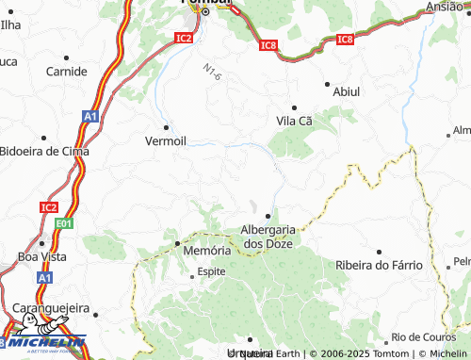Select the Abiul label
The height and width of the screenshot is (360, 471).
click(347, 91)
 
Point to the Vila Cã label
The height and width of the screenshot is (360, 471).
click(294, 122)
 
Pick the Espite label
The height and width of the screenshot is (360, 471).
click(210, 272)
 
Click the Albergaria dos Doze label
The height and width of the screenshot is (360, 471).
click(269, 236)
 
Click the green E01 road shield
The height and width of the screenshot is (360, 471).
click(64, 223)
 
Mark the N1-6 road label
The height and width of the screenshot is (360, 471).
click(211, 72)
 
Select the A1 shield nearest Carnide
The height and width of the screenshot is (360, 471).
click(89, 116)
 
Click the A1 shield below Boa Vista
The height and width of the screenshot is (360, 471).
click(45, 279)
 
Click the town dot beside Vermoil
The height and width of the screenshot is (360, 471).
click(167, 126)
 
